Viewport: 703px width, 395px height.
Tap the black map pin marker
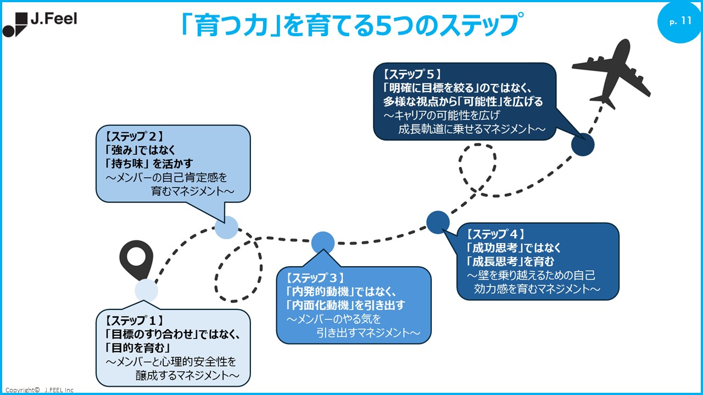(x=136, y=259)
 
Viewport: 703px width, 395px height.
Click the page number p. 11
(x=680, y=21)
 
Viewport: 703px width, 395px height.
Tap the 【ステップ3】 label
(x=315, y=278)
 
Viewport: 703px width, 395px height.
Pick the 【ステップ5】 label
(x=412, y=74)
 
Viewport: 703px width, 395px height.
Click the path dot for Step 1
(x=146, y=290)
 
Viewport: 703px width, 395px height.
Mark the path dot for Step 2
(x=226, y=227)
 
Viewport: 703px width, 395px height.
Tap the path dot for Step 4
(x=438, y=222)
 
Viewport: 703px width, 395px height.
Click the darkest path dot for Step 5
(x=583, y=145)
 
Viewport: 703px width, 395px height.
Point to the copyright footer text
(x=39, y=390)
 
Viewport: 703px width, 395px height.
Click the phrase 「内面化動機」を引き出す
(x=345, y=305)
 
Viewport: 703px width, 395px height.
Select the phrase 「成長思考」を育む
(x=510, y=261)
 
